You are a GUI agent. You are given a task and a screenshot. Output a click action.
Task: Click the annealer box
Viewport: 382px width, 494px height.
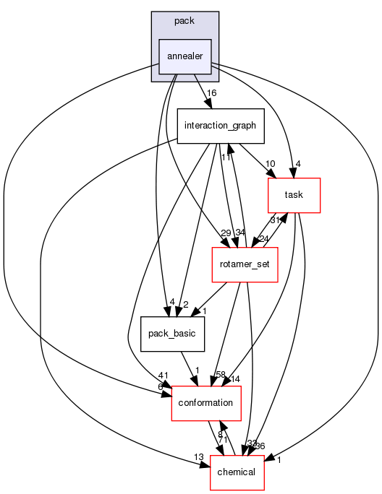[184, 56]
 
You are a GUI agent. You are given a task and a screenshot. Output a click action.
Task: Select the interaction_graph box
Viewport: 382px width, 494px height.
[220, 126]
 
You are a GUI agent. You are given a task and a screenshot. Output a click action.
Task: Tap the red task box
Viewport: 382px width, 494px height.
[294, 195]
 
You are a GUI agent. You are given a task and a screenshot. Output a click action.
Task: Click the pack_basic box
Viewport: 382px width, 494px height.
[168, 334]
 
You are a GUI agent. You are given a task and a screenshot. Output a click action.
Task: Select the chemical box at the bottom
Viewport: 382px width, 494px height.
[237, 472]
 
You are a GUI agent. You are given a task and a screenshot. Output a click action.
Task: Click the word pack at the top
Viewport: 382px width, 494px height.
[184, 21]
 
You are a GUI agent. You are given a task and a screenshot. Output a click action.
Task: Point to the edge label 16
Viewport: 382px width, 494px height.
[212, 94]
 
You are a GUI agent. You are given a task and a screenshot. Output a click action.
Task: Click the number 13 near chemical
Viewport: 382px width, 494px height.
[198, 457]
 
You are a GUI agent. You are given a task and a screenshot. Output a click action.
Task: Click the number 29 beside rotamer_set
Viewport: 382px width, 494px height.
[206, 233]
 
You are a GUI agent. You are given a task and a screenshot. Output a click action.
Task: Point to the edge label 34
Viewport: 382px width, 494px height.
[239, 233]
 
